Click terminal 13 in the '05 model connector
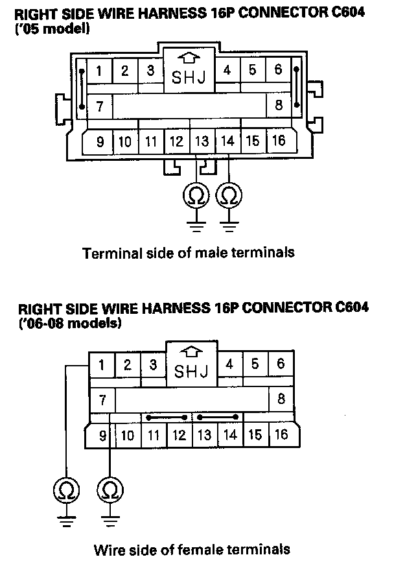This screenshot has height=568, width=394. tap(202, 141)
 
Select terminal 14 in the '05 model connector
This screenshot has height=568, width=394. tap(227, 141)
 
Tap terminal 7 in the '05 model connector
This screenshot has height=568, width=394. tap(100, 106)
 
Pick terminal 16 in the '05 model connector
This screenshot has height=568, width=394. tap(278, 141)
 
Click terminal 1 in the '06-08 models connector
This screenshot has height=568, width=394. tap(102, 366)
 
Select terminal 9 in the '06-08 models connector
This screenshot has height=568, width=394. tap(102, 434)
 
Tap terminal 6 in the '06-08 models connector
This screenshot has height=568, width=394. tap(281, 364)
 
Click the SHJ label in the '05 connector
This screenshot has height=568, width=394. tap(189, 78)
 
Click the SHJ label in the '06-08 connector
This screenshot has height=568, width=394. tap(191, 372)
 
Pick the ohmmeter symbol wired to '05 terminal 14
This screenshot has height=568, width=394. tap(230, 195)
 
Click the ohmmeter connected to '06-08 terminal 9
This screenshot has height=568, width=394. tap(110, 488)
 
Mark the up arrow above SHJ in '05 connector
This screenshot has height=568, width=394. tap(189, 58)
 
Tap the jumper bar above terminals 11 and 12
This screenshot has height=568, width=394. tap(167, 417)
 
